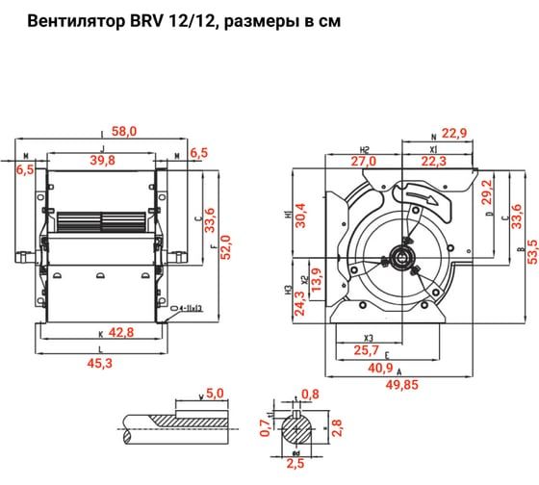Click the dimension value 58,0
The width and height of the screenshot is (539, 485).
coord(125,130)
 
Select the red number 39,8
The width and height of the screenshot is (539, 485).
coord(125,159)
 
